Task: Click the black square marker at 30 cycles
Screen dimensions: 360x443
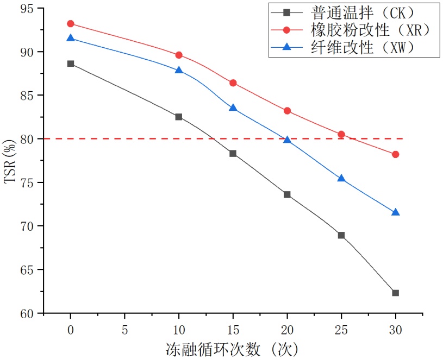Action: coord(396,293)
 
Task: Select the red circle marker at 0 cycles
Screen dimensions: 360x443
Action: coord(71,23)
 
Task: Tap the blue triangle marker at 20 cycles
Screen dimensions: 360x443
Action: coord(288,140)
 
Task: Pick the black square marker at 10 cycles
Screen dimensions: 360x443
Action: coord(179,117)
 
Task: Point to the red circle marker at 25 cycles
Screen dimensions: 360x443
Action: coord(341,134)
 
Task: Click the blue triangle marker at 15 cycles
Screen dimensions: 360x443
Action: coord(233,108)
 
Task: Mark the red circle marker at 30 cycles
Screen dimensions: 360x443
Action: coord(396,154)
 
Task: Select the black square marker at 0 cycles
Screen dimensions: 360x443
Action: coord(71,64)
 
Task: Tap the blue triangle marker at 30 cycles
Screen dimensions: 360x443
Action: coord(396,212)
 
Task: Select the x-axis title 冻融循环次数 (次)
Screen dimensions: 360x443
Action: coord(233,348)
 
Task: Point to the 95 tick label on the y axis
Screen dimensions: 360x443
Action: coord(28,9)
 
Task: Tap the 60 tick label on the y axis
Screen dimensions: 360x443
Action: coord(28,313)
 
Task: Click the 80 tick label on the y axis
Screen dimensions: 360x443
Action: coord(28,139)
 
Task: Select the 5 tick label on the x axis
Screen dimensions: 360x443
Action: coord(125,329)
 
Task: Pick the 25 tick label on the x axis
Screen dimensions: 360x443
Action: coord(341,329)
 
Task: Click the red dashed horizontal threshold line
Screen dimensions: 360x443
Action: coord(136,139)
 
